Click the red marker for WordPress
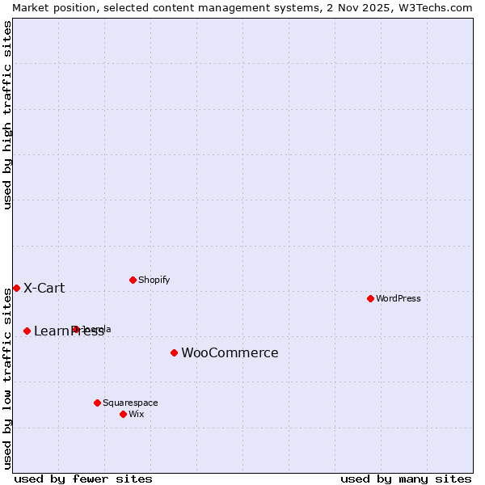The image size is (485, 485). [370, 298]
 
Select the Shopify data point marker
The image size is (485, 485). [133, 280]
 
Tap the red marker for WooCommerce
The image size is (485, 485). [174, 352]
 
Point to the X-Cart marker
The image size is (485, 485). [16, 288]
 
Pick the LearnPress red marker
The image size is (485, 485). [27, 331]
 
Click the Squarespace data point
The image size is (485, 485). [97, 403]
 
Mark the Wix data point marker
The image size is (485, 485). [123, 414]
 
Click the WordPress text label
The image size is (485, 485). [399, 298]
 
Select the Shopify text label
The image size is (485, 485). [154, 280]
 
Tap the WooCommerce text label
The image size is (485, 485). [230, 352]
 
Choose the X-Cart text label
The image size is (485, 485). [44, 288]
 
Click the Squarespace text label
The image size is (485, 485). [130, 403]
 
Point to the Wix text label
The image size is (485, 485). [136, 414]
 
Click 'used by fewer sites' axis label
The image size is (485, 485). [83, 479]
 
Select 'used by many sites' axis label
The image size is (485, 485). [406, 479]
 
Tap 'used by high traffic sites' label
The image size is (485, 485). [7, 115]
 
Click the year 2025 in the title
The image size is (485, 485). [368, 7]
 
